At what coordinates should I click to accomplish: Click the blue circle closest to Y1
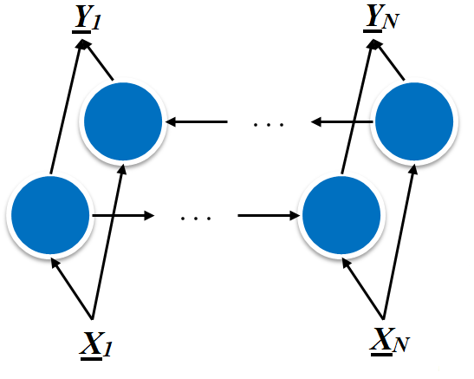click(x=124, y=122)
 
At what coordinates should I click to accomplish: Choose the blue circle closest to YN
click(x=415, y=122)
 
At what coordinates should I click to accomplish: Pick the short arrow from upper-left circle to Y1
click(x=100, y=62)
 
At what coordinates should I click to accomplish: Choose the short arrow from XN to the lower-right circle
click(x=365, y=291)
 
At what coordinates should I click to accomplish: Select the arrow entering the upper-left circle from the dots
click(x=200, y=123)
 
